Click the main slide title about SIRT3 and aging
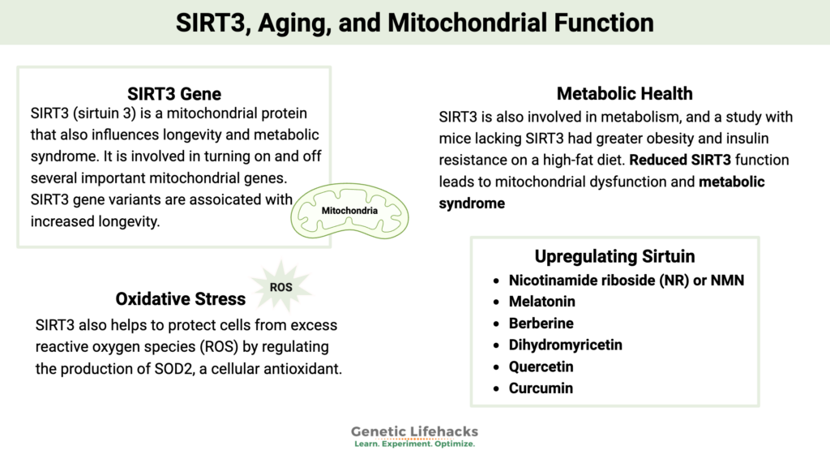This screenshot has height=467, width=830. coord(414,22)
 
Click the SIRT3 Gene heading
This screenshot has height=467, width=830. coord(174,93)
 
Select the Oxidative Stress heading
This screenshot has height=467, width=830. coord(181,298)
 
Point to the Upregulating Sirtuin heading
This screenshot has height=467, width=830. coord(614,256)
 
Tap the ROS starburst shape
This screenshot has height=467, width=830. coord(280,286)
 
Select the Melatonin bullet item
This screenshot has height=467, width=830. coord(541,302)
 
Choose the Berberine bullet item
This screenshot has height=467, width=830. coord(541,323)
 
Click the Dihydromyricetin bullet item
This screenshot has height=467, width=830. coord(565,345)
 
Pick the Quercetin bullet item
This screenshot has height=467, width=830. coord(541,366)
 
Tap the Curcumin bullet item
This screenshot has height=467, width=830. coord(541,388)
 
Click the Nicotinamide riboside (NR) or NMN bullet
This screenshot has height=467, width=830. coord(626,281)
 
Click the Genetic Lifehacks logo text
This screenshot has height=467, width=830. coord(414,431)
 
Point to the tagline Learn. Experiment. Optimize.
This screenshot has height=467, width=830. coord(414,445)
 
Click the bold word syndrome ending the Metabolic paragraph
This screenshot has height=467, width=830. coord(472,203)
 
